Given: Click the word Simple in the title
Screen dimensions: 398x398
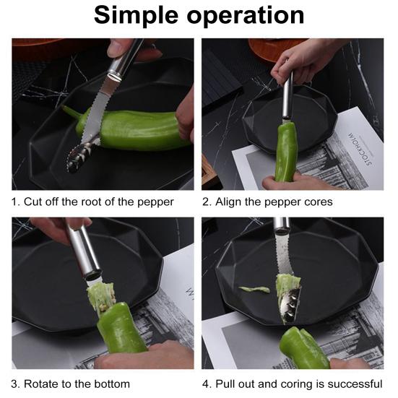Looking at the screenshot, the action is (x=136, y=16).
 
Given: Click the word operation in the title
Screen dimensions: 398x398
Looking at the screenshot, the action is (x=246, y=16).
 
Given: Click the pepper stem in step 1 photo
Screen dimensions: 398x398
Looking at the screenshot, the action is (x=71, y=113).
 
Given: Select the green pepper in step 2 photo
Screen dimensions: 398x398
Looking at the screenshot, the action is (x=287, y=152).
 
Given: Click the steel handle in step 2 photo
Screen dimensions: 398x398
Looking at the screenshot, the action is (x=288, y=95).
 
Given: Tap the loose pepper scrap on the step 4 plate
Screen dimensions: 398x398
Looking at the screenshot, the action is (x=254, y=290).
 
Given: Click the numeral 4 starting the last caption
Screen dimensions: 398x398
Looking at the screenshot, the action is (x=205, y=384).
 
